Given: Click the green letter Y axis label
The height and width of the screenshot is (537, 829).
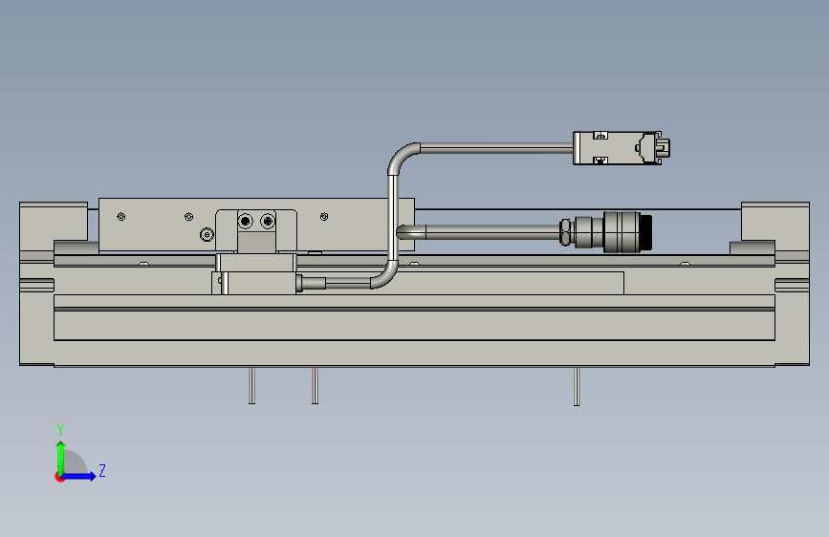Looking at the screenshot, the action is tap(60, 429).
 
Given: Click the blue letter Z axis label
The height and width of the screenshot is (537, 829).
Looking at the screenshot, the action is tap(102, 470).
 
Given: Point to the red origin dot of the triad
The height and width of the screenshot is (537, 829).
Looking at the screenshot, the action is tap(59, 477).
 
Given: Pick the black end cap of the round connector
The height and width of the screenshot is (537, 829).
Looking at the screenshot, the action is tap(646, 232).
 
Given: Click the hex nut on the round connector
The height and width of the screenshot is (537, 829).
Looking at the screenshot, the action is tap(565, 232).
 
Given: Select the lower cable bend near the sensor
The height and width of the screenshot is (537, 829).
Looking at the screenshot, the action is tap(387, 277).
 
